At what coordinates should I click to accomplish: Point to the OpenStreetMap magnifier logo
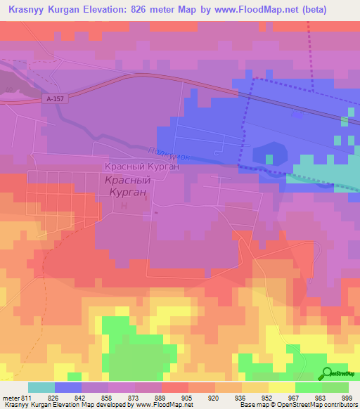(327, 374)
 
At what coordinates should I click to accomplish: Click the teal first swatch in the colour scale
(41, 387)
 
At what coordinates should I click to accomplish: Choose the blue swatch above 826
(68, 387)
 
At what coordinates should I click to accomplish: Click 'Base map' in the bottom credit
(254, 405)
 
